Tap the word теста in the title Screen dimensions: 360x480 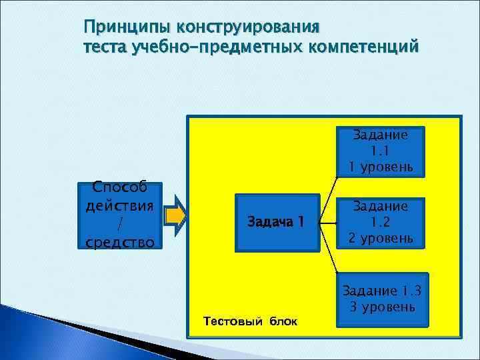tap(106, 48)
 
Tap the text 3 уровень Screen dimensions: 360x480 tap(382, 307)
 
